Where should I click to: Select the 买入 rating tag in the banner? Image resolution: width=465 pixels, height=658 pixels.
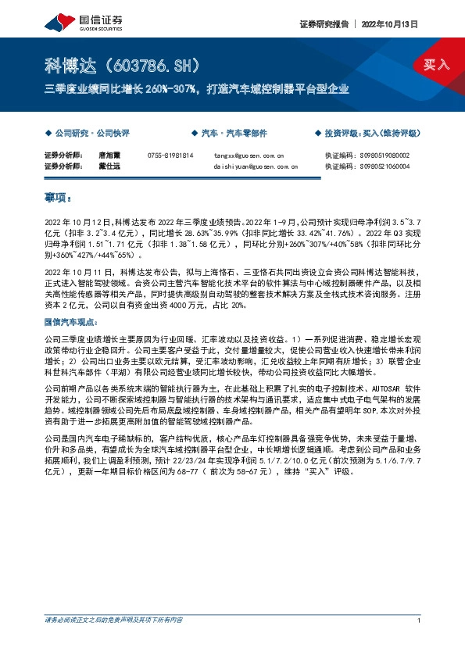437,65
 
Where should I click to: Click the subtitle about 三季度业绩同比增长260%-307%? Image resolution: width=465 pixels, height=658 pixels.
196,89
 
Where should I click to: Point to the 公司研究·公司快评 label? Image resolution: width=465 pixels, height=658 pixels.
88,133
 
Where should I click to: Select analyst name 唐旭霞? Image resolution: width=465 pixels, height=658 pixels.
108,156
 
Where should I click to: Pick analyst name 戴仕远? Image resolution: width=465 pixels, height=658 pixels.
108,166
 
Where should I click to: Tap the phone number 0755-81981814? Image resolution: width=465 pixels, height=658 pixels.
170,156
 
